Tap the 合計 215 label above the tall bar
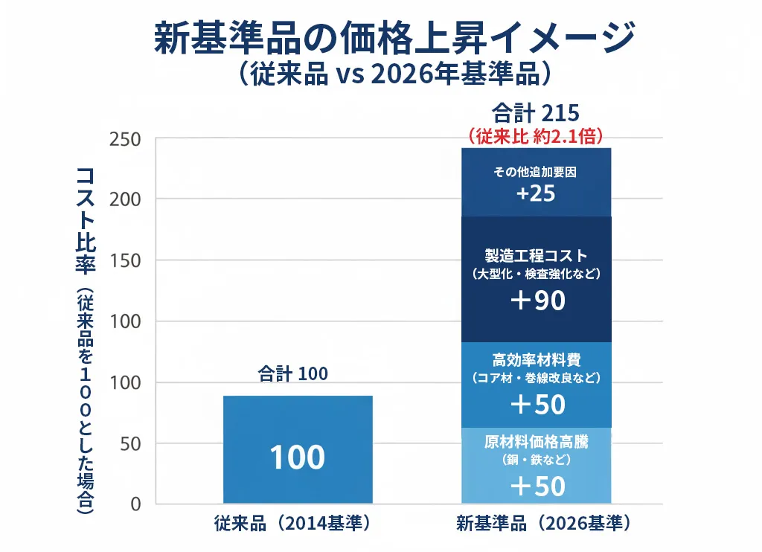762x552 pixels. [536, 115]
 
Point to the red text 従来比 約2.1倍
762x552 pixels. [536, 136]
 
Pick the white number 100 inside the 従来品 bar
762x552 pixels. [297, 458]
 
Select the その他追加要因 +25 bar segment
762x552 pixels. [536, 182]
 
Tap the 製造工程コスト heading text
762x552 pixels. [536, 255]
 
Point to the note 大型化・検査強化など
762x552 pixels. [536, 274]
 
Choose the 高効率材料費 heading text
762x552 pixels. [536, 360]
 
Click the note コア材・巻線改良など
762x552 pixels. [536, 379]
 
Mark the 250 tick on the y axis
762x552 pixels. [124, 139]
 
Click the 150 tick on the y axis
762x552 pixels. [124, 260]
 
